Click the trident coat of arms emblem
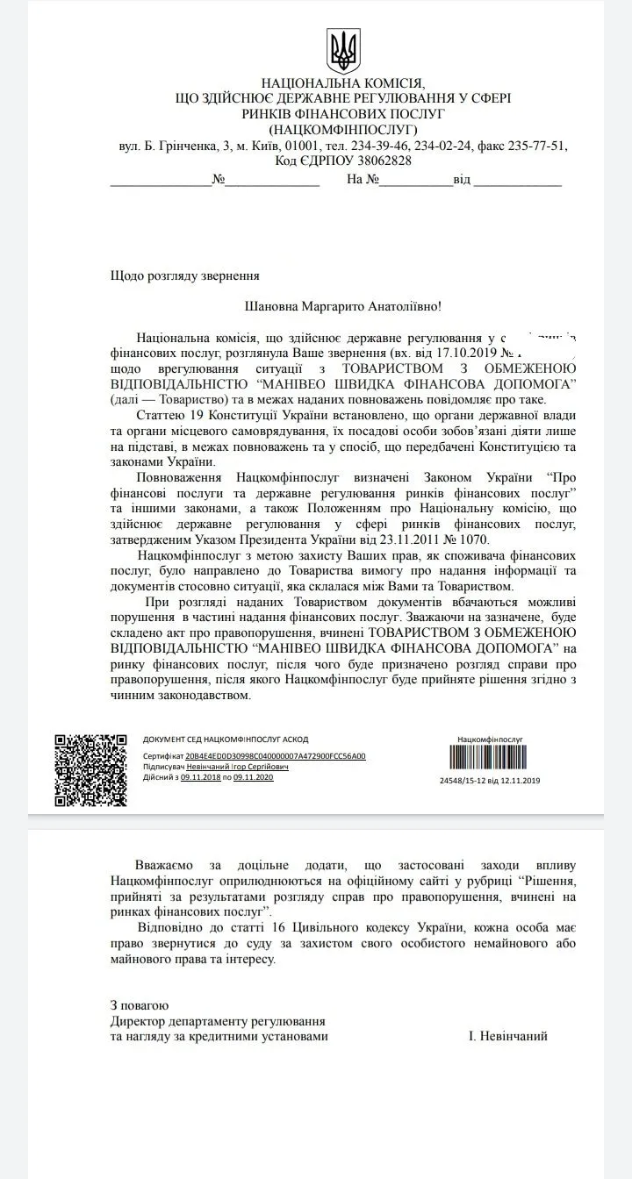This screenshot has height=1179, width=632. (x=343, y=51)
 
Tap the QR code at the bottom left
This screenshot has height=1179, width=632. (x=91, y=769)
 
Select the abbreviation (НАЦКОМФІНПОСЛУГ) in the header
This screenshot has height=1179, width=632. (x=343, y=130)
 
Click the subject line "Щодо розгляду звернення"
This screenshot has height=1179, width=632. (x=185, y=275)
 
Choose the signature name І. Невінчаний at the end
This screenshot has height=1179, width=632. (x=508, y=1036)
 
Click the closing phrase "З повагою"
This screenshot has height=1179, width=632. (x=140, y=1005)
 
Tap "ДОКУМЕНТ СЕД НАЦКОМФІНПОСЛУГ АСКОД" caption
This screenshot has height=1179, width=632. (x=226, y=740)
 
